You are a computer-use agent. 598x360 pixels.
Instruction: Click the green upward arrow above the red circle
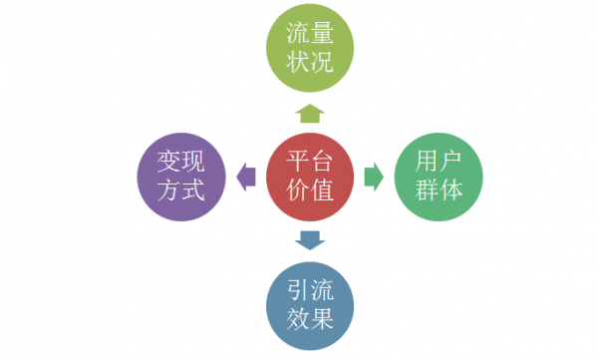click(310, 112)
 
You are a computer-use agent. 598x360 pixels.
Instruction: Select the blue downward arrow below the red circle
click(310, 239)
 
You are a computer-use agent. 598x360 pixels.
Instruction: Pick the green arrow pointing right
click(373, 177)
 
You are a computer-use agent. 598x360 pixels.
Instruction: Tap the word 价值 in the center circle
click(310, 190)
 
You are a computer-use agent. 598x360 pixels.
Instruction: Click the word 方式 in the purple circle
click(180, 190)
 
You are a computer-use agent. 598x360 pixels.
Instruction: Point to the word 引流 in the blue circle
click(310, 289)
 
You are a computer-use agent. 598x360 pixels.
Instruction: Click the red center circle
click(310, 176)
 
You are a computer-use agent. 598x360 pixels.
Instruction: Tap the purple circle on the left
click(180, 176)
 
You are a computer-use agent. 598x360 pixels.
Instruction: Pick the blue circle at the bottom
click(310, 305)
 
